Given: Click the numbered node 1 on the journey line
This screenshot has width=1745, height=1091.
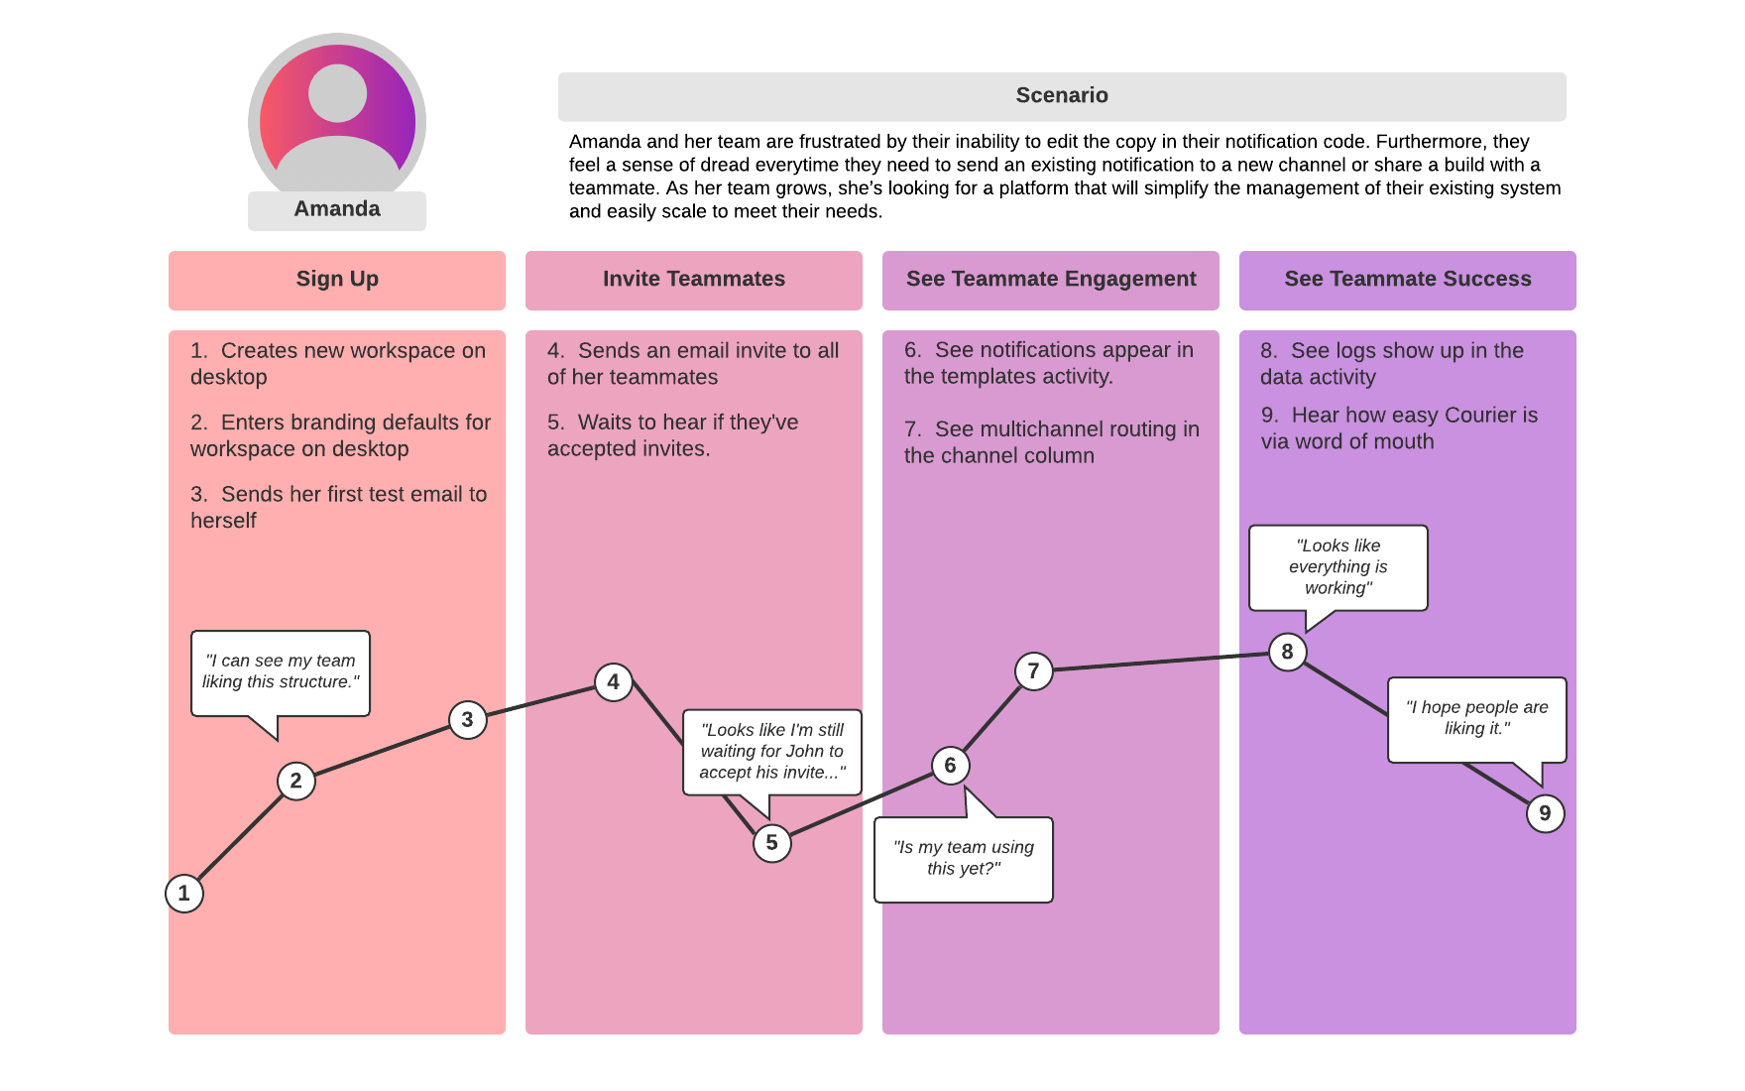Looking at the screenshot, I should click(183, 894).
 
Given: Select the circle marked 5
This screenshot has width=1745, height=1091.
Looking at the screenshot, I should click(771, 843).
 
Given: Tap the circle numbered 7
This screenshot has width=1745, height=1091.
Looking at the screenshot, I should click(1033, 671).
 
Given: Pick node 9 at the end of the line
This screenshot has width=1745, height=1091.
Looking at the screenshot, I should click(1545, 813).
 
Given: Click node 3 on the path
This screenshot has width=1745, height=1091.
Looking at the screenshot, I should click(467, 720).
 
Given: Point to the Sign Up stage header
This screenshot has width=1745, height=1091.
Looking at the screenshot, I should click(337, 280).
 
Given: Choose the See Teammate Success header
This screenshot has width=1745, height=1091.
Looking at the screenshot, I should click(1407, 280).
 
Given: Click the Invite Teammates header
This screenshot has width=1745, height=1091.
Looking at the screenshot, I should click(694, 280).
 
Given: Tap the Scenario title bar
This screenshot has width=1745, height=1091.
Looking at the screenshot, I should click(1061, 96).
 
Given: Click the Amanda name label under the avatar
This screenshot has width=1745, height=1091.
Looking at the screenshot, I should click(337, 209).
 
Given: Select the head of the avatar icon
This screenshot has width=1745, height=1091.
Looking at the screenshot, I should click(337, 93).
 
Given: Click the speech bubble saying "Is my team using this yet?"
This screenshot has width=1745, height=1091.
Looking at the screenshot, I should click(963, 859).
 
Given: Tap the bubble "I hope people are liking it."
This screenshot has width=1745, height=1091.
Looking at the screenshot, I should click(1476, 719).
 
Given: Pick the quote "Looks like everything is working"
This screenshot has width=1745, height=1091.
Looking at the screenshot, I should click(1338, 567).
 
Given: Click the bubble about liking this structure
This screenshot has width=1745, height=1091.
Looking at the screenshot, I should click(281, 672).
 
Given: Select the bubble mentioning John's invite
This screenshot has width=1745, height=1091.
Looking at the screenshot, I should click(771, 752).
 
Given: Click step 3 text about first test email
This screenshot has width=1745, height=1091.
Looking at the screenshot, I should click(338, 507).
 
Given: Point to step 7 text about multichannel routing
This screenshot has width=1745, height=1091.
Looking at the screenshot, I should click(1051, 442).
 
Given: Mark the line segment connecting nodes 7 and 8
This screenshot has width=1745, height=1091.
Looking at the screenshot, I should click(1160, 662).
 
